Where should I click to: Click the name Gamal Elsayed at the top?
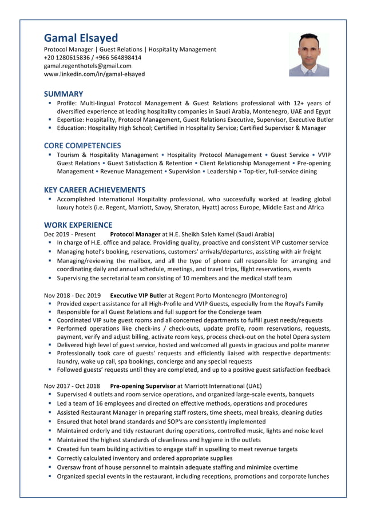[81, 38]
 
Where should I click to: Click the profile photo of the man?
[309, 54]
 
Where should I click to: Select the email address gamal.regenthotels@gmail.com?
[88, 66]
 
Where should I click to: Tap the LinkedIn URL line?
[94, 74]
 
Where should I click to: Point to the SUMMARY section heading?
[64, 94]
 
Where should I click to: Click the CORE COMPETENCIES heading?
[82, 145]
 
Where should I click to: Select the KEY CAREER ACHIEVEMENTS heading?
[94, 189]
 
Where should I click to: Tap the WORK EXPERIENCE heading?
[78, 225]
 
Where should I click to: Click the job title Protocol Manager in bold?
[135, 234]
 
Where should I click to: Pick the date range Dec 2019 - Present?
[70, 234]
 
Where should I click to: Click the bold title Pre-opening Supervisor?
[143, 386]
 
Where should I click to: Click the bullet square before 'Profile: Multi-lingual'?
[50, 103]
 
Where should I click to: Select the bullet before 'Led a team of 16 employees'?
[50, 403]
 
